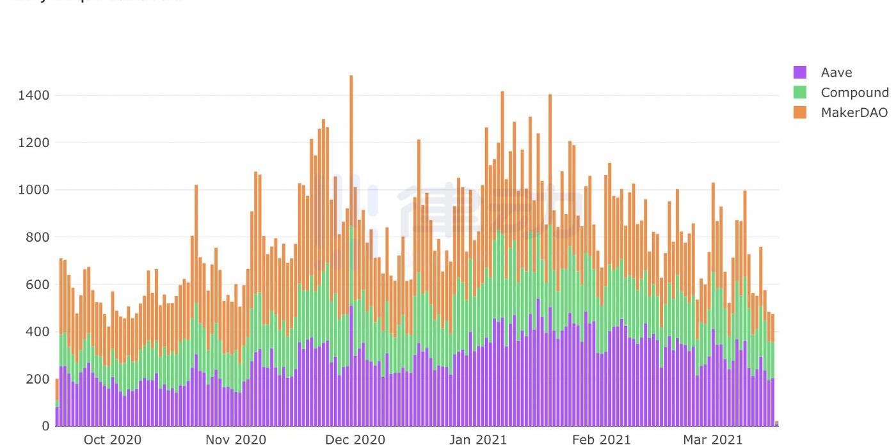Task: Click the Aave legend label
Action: (836, 72)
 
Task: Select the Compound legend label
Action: (854, 92)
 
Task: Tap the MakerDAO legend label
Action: (854, 113)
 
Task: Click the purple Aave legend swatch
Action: (800, 72)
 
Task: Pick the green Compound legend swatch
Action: (800, 92)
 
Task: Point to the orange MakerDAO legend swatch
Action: (800, 113)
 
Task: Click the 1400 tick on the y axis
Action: (33, 95)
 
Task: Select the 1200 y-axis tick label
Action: (33, 143)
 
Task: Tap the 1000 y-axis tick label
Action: (33, 190)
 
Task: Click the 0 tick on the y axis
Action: (45, 426)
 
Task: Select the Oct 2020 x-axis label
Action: (113, 439)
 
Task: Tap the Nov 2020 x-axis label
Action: (236, 439)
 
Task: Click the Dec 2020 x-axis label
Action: (355, 439)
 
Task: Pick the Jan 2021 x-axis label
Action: (477, 439)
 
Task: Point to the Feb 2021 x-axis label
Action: (601, 439)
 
